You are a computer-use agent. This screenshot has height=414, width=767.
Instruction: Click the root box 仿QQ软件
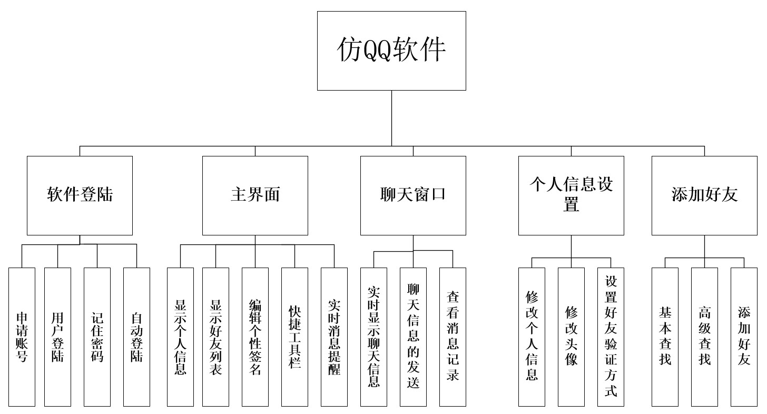[391, 51]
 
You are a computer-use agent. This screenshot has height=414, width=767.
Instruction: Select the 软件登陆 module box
[80, 195]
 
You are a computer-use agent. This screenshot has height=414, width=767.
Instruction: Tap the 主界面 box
[255, 195]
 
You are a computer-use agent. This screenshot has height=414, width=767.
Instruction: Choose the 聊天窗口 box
[413, 195]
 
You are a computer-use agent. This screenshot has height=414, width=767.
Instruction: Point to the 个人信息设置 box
[571, 195]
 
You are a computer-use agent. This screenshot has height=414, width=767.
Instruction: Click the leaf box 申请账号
[22, 337]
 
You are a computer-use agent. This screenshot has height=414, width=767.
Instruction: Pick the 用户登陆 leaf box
[57, 337]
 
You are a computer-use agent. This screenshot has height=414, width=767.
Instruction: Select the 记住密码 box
[97, 337]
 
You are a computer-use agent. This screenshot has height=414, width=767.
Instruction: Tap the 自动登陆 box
[136, 337]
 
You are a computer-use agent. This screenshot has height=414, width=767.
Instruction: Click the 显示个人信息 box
[180, 337]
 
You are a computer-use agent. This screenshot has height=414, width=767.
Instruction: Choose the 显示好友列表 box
[215, 337]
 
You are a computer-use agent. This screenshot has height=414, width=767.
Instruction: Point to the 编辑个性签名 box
[255, 337]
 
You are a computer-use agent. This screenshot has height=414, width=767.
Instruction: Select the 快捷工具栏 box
[294, 337]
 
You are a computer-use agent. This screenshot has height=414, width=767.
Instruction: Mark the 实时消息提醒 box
[334, 337]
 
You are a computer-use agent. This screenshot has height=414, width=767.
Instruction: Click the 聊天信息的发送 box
[413, 337]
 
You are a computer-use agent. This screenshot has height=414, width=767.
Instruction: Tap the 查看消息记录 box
[453, 337]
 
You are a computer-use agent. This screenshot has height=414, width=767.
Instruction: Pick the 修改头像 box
[571, 337]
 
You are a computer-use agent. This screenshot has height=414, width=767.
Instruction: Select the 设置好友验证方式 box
[611, 337]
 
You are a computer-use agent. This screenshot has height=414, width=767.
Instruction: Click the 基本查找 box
[665, 337]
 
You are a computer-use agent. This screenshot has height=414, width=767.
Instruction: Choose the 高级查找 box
[704, 337]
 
